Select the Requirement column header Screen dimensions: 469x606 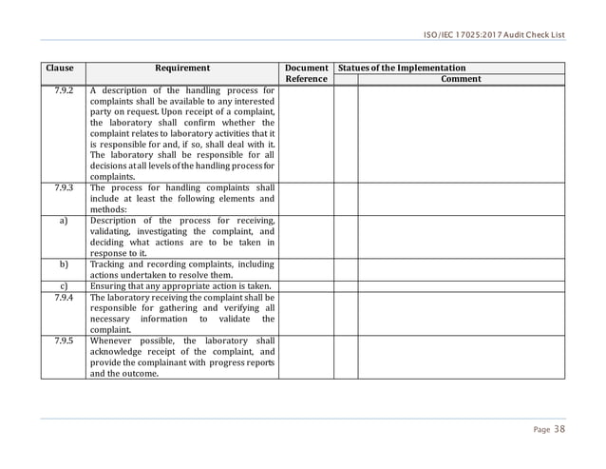[x=182, y=68]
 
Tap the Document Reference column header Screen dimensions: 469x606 [x=306, y=73]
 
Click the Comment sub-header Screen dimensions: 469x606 [x=461, y=79]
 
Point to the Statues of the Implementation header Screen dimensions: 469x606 [x=402, y=68]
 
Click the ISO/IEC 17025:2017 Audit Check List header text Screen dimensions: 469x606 [x=494, y=35]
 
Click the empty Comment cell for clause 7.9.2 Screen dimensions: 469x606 [x=461, y=133]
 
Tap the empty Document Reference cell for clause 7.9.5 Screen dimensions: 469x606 [x=306, y=357]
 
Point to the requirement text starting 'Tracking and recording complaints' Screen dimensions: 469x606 [x=181, y=269]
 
